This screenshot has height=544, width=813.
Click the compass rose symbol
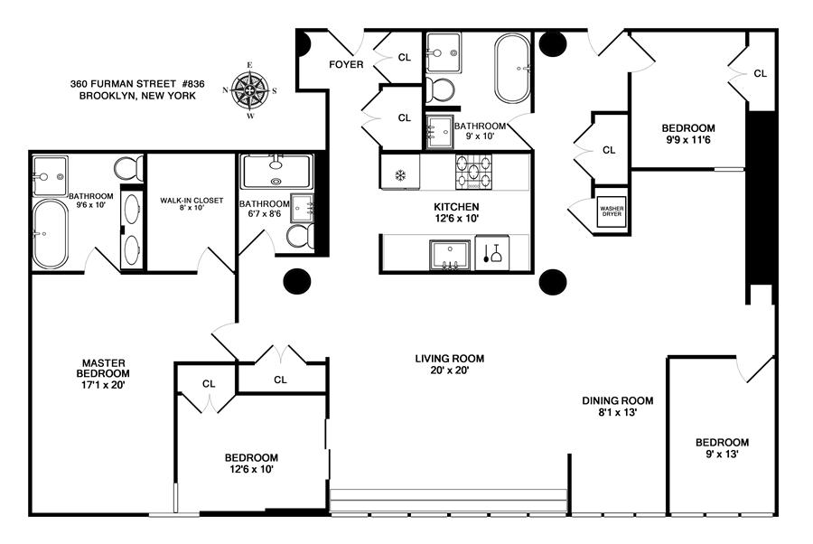click(249, 90)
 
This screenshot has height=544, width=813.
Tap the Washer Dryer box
click(612, 211)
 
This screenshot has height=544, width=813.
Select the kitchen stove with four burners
click(473, 172)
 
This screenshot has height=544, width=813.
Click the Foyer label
click(346, 64)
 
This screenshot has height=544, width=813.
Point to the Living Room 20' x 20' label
click(450, 364)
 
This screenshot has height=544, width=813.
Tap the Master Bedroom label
click(103, 373)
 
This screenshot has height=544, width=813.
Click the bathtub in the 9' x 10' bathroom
click(512, 69)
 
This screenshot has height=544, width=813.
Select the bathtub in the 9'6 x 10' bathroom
click(51, 234)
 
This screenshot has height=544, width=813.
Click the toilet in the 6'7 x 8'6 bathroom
click(300, 236)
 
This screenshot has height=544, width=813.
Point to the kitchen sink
click(450, 255)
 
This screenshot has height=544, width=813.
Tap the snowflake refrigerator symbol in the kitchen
click(400, 175)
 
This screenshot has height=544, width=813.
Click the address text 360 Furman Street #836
click(137, 83)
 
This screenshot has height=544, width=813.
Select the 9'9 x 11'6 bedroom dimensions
click(688, 139)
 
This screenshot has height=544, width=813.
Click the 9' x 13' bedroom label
click(722, 448)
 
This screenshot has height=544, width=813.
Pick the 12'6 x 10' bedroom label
click(251, 463)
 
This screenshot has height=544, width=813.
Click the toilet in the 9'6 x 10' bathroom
click(128, 168)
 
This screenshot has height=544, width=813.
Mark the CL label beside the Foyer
click(405, 57)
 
